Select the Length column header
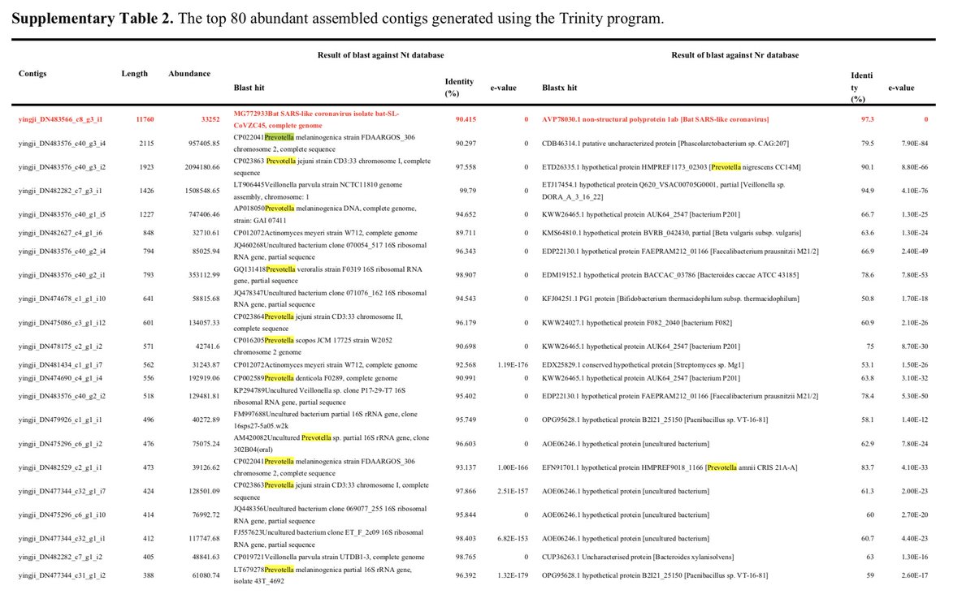click(x=135, y=73)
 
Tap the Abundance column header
click(x=189, y=73)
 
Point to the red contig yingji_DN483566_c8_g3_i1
click(x=61, y=119)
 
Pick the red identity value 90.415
click(x=466, y=119)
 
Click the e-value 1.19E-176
click(x=513, y=365)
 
